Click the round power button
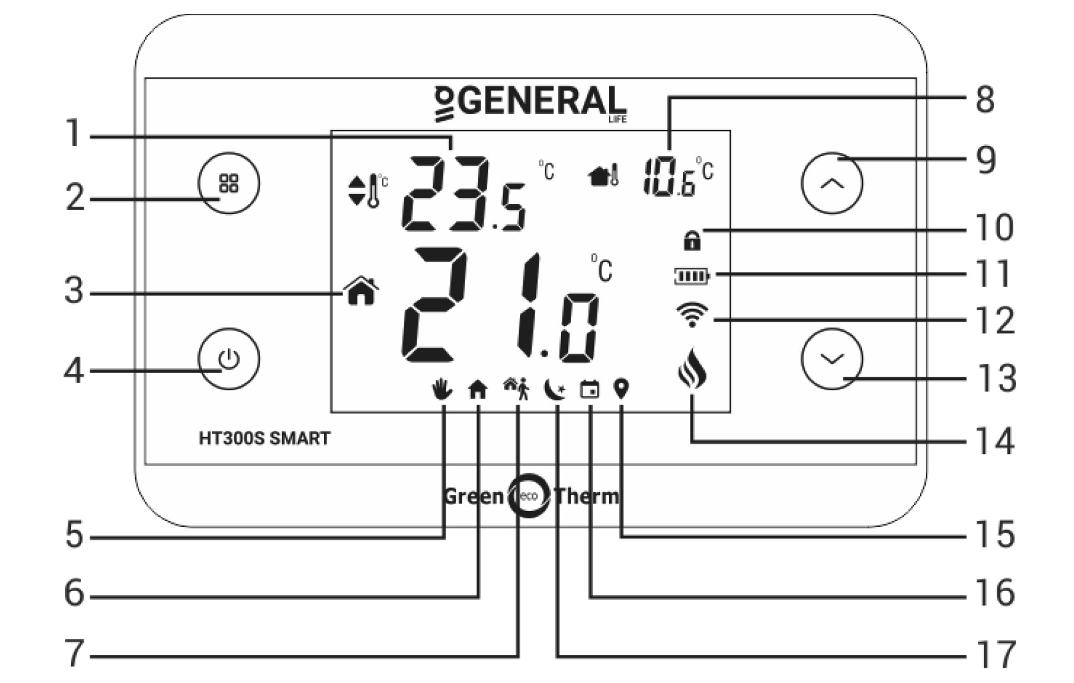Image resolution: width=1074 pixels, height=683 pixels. click(229, 359)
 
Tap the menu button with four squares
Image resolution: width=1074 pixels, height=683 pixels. click(229, 183)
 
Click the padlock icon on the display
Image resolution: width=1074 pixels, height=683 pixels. click(692, 240)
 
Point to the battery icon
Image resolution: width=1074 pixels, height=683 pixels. click(693, 276)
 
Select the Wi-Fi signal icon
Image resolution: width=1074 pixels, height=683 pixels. click(692, 315)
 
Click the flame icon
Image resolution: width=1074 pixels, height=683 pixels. click(692, 368)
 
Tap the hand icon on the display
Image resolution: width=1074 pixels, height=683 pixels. click(441, 389)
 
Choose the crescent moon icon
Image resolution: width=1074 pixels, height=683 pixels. click(555, 389)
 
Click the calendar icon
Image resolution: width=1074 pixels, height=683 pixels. click(589, 389)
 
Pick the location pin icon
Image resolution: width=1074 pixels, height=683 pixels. click(622, 389)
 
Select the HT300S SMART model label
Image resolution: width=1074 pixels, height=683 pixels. click(265, 438)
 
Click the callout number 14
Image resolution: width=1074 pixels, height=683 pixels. click(995, 441)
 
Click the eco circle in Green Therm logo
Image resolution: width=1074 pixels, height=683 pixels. click(529, 496)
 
